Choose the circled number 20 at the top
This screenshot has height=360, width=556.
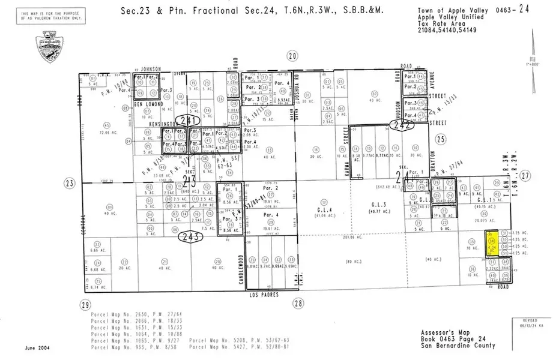[x=292, y=56]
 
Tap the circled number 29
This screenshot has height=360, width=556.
[x=85, y=304]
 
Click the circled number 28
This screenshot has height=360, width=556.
[x=298, y=304]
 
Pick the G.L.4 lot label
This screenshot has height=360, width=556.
[x=324, y=209]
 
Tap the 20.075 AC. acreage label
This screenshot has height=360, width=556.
[x=483, y=220]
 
